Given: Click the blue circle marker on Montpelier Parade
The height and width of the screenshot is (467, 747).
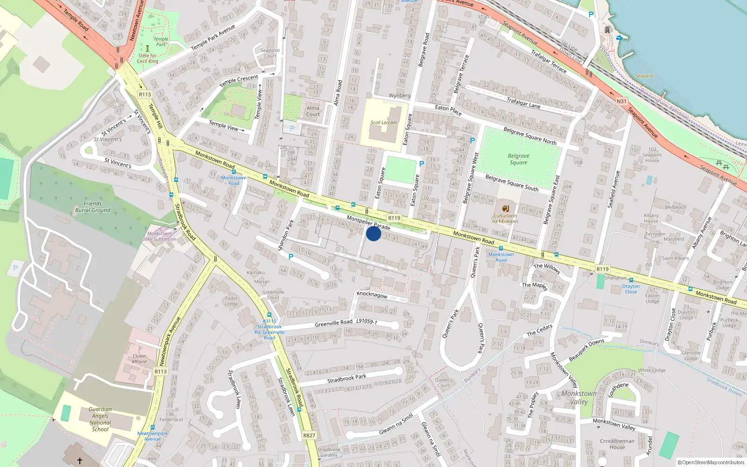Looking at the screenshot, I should tap(373, 233).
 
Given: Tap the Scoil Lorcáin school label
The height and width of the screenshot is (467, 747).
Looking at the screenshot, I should tap(384, 122).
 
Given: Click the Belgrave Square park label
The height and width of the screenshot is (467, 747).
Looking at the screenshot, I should tap(518, 159).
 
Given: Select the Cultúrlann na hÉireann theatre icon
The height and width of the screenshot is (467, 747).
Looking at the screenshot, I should tap(505, 208).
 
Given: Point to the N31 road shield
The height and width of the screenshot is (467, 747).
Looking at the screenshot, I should tap(621, 101).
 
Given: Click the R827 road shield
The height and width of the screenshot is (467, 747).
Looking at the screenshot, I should tap(309, 435).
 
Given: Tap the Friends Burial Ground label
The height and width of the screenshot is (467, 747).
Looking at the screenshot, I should tap(92, 207).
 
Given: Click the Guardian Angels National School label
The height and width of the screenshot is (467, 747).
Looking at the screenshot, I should tap(100, 419).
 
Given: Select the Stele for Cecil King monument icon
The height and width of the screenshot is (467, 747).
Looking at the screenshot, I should tap(148, 48).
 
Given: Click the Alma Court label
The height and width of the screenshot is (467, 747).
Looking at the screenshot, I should tap(313, 111).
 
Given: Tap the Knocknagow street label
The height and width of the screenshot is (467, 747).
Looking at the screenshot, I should tap(372, 295).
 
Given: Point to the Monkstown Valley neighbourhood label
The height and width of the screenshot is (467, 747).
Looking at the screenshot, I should tap(579, 397).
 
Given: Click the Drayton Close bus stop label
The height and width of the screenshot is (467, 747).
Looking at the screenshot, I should tap(631, 289).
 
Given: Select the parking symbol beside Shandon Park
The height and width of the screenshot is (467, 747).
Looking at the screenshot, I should tap(291, 257).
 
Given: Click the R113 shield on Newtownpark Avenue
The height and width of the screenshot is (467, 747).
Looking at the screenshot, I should tap(161, 372).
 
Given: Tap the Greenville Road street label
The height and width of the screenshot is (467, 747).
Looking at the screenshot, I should tap(333, 323).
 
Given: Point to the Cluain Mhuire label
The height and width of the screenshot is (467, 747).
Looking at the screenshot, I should tap(139, 359).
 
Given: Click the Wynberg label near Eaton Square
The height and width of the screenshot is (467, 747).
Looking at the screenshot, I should tap(400, 96).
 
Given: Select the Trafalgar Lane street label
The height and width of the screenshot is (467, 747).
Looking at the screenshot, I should tap(523, 102).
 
